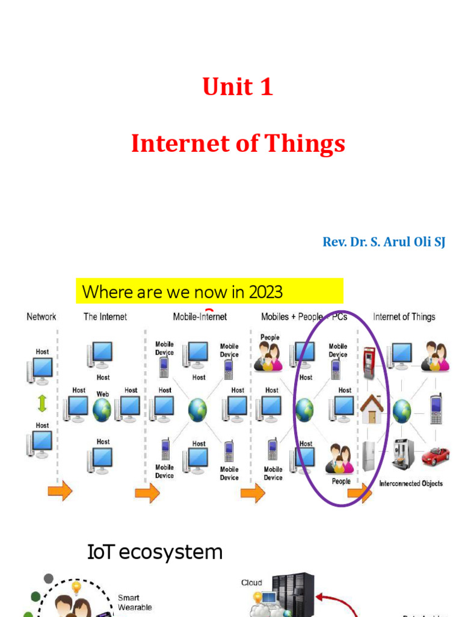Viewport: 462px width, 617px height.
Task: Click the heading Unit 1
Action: (x=238, y=87)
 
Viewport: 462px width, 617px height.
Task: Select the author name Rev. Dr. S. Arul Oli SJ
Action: (x=384, y=243)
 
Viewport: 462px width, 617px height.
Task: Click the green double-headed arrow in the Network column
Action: (x=42, y=400)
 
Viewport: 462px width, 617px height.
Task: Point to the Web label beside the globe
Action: (x=103, y=393)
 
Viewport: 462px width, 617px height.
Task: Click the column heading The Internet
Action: (x=105, y=316)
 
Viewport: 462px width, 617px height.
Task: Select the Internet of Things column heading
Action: (x=404, y=316)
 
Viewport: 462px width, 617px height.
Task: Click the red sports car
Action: (x=435, y=456)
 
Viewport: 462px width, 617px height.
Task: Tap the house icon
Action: (x=372, y=410)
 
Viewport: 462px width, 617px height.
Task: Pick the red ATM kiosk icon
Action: (x=369, y=361)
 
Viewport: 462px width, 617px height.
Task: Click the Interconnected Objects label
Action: (x=411, y=483)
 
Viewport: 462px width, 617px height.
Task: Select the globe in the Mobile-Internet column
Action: (x=197, y=410)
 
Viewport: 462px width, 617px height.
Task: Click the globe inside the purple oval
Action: (x=304, y=410)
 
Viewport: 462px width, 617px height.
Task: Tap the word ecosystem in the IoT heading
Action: (x=180, y=552)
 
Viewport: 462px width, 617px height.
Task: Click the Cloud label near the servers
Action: (x=251, y=583)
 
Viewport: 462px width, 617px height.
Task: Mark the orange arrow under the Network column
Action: (x=60, y=491)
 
